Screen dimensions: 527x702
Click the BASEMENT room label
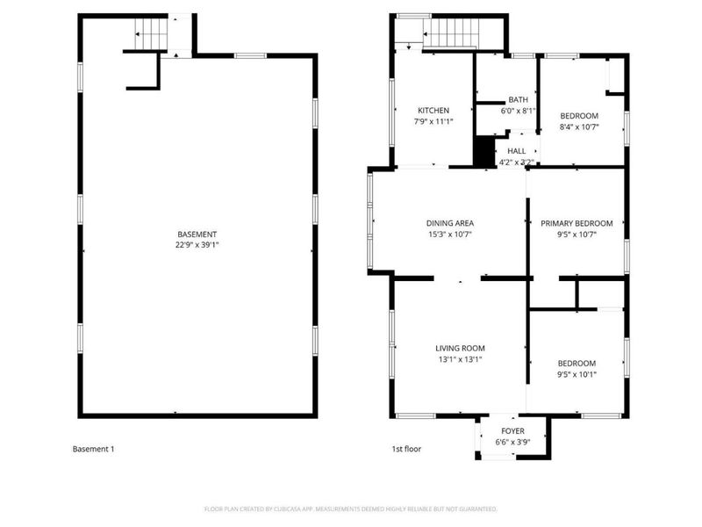[x=197, y=235]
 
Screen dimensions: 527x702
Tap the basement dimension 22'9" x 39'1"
[x=197, y=245]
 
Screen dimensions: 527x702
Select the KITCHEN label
[x=433, y=111]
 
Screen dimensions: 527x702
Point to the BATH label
[x=518, y=100]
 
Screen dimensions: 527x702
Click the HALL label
[x=516, y=151]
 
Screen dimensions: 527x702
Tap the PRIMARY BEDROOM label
[x=576, y=224]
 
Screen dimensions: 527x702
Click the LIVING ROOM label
[x=460, y=348]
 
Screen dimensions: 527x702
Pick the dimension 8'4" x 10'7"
[x=578, y=127]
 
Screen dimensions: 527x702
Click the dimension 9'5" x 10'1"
[x=577, y=374]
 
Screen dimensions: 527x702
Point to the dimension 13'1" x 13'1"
[x=460, y=358]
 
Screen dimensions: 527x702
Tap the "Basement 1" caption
[x=93, y=449]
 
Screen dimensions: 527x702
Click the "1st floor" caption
[x=406, y=449]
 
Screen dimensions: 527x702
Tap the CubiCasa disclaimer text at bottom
[x=351, y=509]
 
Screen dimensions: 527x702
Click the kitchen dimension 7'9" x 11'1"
[x=433, y=121]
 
